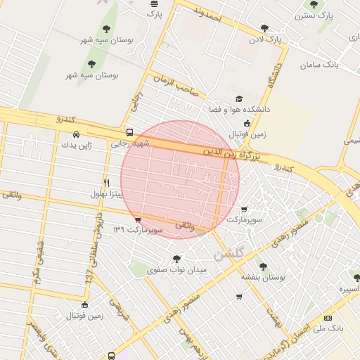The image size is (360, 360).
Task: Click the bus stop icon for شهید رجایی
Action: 129,132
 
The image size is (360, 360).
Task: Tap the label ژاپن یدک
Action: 75,145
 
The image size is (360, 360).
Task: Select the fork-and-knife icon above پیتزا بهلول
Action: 106,182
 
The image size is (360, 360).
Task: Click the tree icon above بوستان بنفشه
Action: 262,267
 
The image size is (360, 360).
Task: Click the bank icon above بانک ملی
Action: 328,319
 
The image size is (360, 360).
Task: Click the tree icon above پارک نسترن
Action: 314,4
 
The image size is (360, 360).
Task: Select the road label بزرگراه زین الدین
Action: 233,154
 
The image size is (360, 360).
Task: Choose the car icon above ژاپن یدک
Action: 76,134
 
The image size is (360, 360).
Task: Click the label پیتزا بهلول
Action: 107,193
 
